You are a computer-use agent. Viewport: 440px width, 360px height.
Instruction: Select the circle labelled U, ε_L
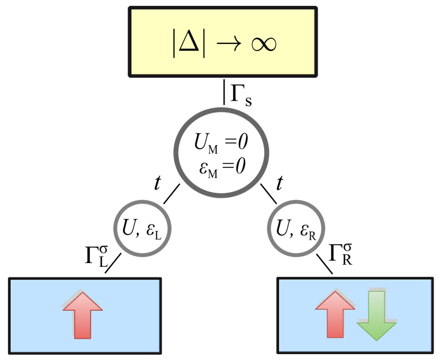[x=143, y=229]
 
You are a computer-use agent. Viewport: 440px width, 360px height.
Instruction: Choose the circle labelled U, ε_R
[x=296, y=229]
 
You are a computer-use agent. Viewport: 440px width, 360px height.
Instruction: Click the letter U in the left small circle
[x=129, y=228]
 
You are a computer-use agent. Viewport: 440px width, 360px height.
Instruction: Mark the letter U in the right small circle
[x=282, y=228]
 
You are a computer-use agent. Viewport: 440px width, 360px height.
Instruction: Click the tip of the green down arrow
[x=376, y=339]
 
